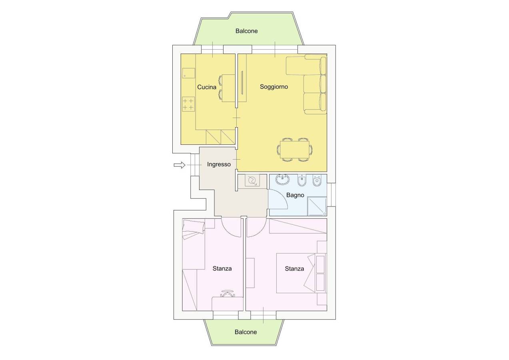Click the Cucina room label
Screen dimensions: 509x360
[207, 87]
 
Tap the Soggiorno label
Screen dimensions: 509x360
[274, 86]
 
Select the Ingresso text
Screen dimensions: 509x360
[219, 164]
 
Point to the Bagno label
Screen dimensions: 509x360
[295, 195]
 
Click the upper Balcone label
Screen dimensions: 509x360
[247, 31]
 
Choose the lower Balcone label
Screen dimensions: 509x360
[246, 332]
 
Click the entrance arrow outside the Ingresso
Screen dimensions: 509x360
[180, 165]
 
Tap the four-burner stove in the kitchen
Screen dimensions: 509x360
[188, 104]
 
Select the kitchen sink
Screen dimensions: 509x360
[189, 73]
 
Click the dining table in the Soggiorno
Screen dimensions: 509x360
[295, 150]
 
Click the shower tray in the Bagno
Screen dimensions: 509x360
[317, 206]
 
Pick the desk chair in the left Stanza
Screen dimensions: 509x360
[226, 294]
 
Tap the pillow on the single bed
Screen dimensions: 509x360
[194, 227]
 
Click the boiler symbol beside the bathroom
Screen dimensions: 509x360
[252, 181]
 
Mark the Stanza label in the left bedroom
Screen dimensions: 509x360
[222, 269]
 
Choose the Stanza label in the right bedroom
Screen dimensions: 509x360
[294, 269]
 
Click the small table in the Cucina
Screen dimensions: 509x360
[228, 88]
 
